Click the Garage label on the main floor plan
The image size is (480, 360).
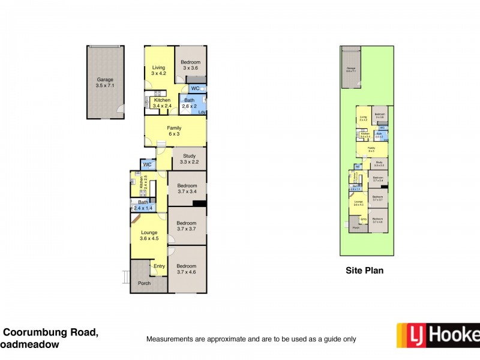pyautogui.click(x=105, y=83)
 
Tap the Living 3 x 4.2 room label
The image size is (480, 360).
pyautogui.click(x=158, y=71)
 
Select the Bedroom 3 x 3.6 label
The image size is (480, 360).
pyautogui.click(x=191, y=65)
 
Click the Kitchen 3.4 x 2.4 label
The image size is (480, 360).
pyautogui.click(x=162, y=103)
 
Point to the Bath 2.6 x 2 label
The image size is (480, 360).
pyautogui.click(x=190, y=103)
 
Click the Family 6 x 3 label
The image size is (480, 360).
pyautogui.click(x=174, y=131)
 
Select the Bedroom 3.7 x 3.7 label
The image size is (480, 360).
pyautogui.click(x=187, y=226)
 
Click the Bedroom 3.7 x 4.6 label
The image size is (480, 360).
pyautogui.click(x=187, y=269)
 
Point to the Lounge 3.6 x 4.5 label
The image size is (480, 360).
pyautogui.click(x=149, y=235)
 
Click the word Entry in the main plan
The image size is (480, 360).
pyautogui.click(x=159, y=266)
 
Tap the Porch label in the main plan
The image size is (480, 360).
pyautogui.click(x=144, y=283)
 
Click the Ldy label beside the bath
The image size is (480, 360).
pyautogui.click(x=202, y=113)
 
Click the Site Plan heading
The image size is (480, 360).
pyautogui.click(x=364, y=271)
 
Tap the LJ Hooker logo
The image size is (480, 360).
pyautogui.click(x=438, y=337)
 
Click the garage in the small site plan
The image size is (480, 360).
pyautogui.click(x=350, y=68)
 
